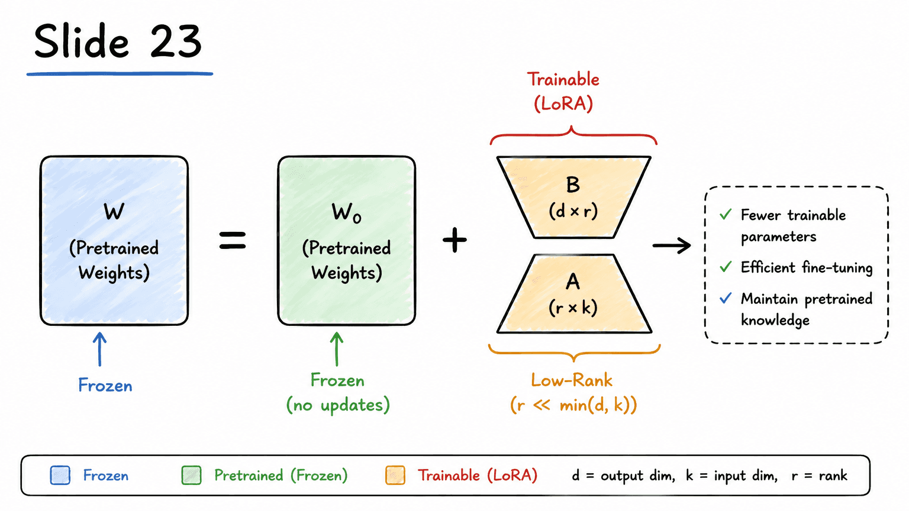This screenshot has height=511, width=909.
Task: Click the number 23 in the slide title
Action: tap(176, 41)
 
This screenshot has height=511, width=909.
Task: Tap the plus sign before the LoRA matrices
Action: tap(454, 240)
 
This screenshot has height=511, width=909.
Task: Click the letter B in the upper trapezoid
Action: tap(573, 185)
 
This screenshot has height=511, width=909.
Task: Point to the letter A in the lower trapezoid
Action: tap(573, 282)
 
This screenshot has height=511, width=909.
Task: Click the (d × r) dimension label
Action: tap(573, 211)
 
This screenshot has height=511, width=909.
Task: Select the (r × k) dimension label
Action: tap(573, 308)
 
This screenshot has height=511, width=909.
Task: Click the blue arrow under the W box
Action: tap(100, 349)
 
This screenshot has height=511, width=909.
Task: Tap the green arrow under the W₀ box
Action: tap(336, 349)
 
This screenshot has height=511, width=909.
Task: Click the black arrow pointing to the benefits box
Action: tap(672, 245)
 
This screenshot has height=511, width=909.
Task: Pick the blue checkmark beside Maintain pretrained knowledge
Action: tap(726, 298)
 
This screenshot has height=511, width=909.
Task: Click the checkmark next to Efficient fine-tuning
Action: tap(726, 267)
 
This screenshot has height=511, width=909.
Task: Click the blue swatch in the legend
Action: tap(60, 475)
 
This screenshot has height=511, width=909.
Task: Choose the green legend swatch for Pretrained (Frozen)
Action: tap(191, 475)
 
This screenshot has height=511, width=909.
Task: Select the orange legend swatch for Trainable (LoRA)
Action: tap(395, 475)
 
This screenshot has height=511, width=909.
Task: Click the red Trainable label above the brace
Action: tap(563, 79)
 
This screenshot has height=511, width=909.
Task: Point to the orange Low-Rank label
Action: tap(572, 380)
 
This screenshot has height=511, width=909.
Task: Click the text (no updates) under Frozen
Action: tap(338, 405)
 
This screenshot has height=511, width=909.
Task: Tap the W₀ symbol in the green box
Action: tap(346, 212)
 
